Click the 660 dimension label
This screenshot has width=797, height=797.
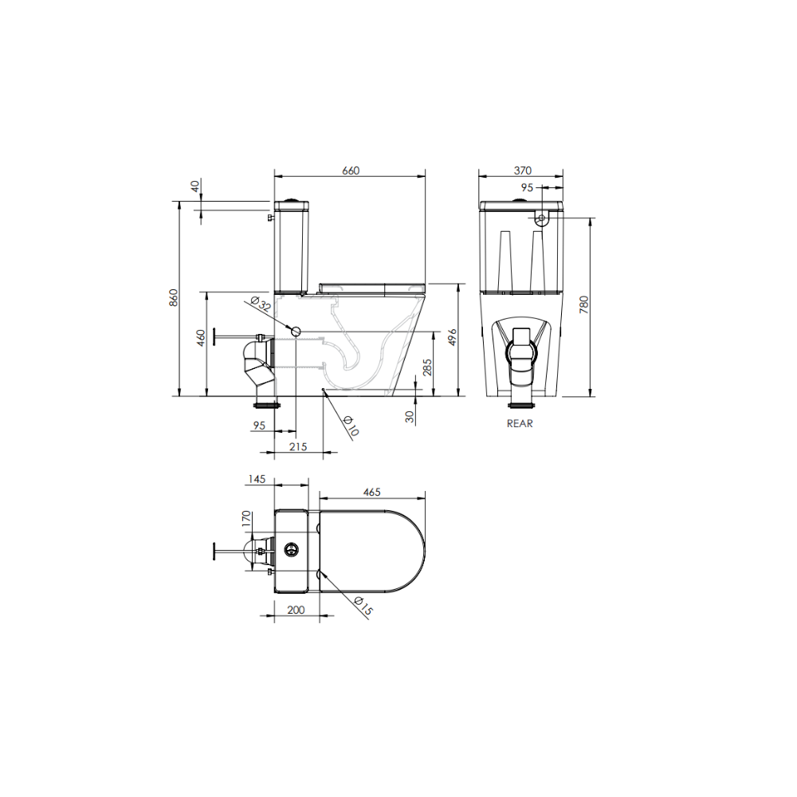[351, 171]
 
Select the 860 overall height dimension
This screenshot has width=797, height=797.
[174, 297]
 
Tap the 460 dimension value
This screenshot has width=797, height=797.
[201, 338]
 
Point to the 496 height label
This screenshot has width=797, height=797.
[453, 337]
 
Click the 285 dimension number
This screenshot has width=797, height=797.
[427, 367]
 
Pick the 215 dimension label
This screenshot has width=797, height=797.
[298, 447]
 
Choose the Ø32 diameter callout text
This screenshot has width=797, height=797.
[261, 304]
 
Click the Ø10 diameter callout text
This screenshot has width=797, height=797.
[351, 426]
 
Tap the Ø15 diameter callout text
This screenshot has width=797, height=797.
[364, 606]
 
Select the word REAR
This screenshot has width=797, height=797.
[520, 423]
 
